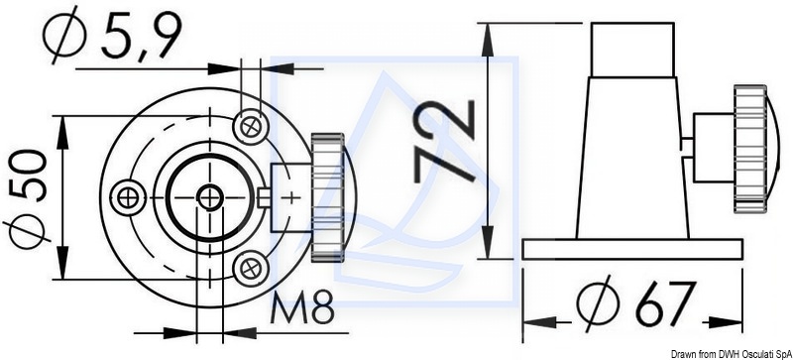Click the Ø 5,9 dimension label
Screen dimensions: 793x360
[111, 35]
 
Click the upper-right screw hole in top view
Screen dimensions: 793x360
[251, 127]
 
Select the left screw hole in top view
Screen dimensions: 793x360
[129, 197]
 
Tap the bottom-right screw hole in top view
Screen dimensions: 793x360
[250, 268]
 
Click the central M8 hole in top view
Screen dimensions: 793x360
[209, 197]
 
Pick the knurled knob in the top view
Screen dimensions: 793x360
[328, 197]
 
